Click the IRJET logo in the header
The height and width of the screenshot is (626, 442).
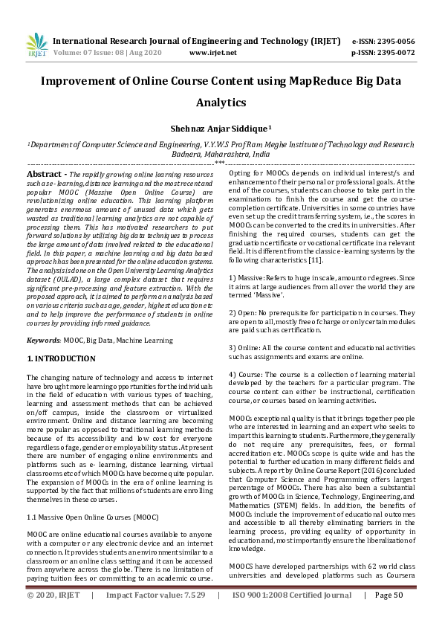pyautogui.click(x=36, y=46)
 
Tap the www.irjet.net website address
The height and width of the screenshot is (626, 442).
pyautogui.click(x=213, y=53)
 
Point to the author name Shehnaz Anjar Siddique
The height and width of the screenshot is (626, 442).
pyautogui.click(x=221, y=128)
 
